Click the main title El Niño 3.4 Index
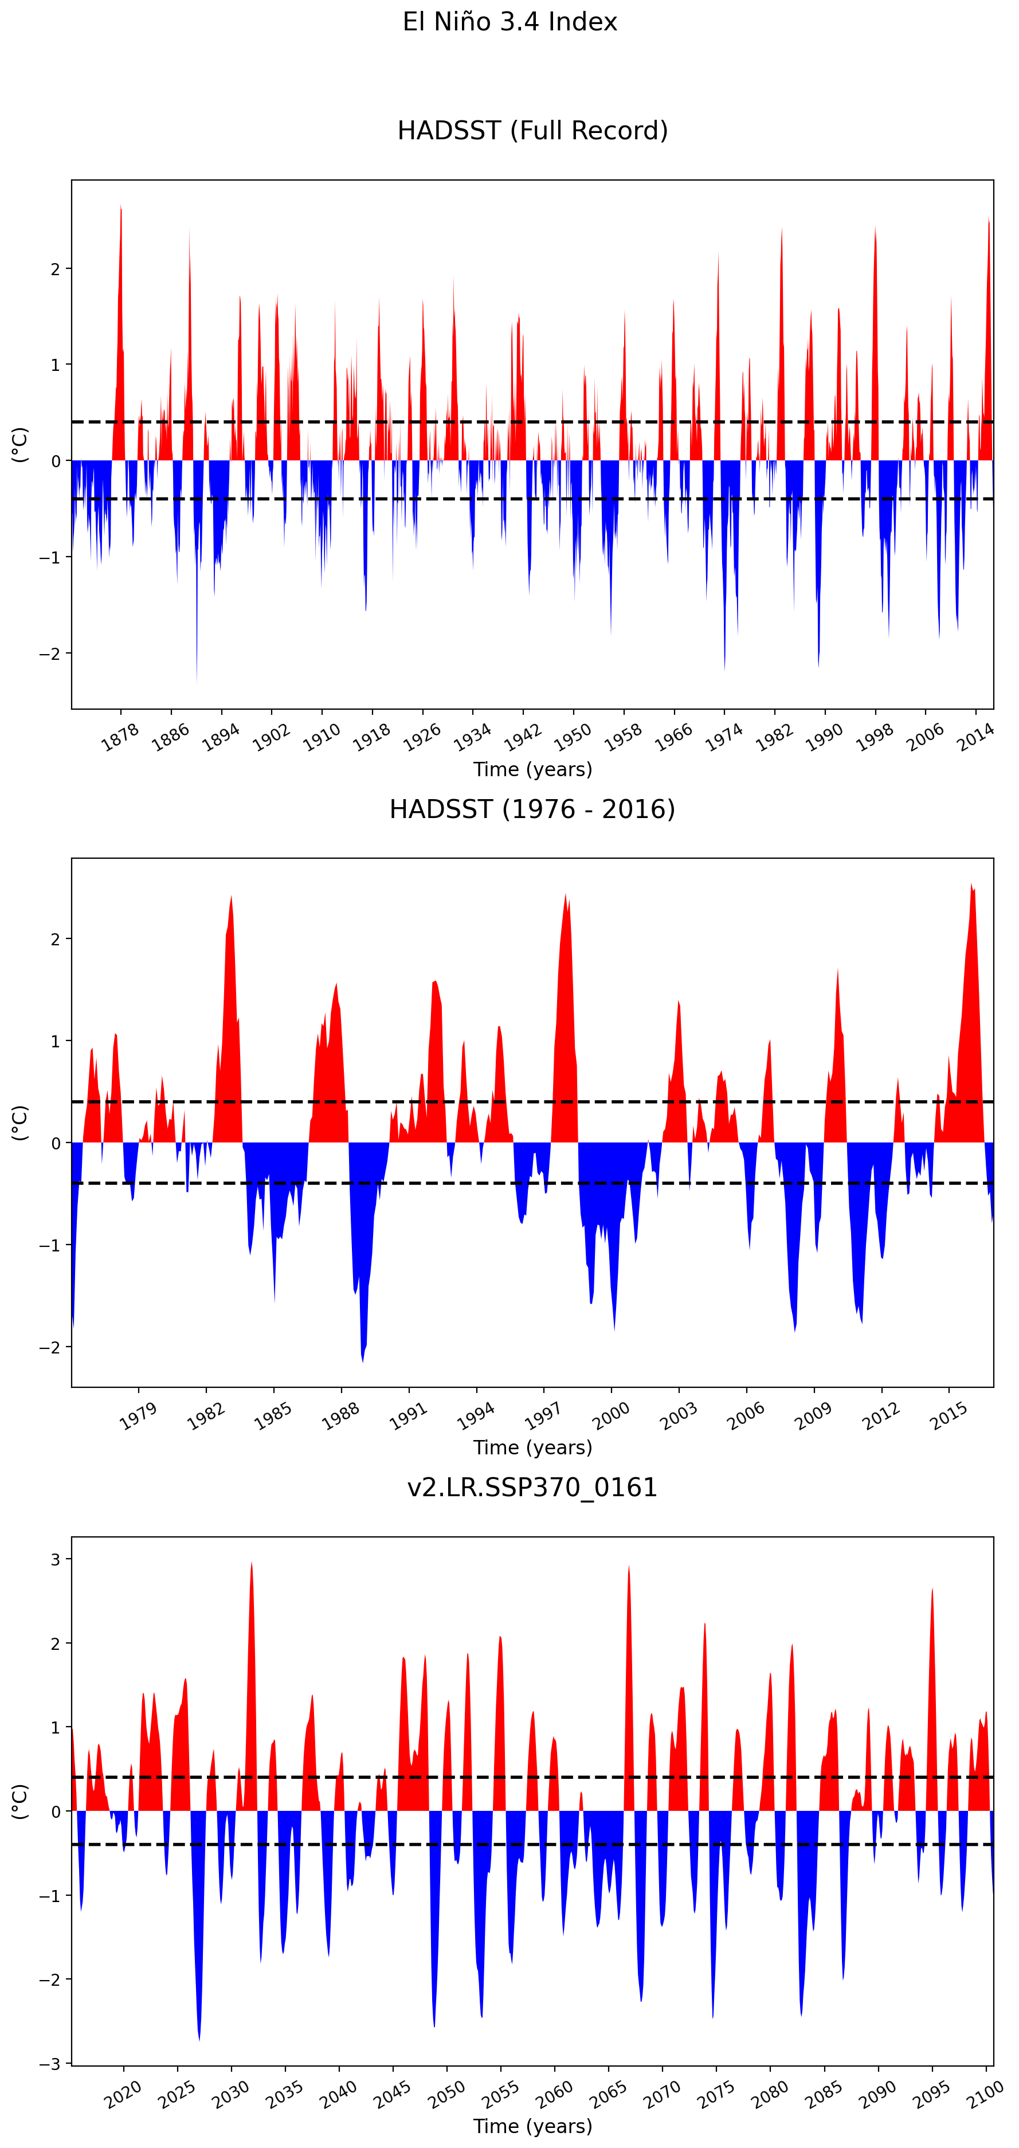coord(509,22)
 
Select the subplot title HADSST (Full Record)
coord(532,131)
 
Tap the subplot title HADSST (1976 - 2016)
coord(532,809)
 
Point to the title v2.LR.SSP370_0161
coord(532,1488)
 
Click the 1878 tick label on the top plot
coord(120,737)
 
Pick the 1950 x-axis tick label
coord(573,737)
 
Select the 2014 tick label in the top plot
coord(975,737)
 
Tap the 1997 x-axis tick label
coord(543,1416)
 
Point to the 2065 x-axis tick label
coord(609,2095)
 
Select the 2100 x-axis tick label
coord(986,2095)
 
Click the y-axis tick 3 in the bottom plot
coord(56,1559)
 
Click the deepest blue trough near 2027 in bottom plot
coord(199,2040)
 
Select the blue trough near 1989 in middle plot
coord(363,1361)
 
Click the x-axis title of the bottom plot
coord(532,2126)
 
